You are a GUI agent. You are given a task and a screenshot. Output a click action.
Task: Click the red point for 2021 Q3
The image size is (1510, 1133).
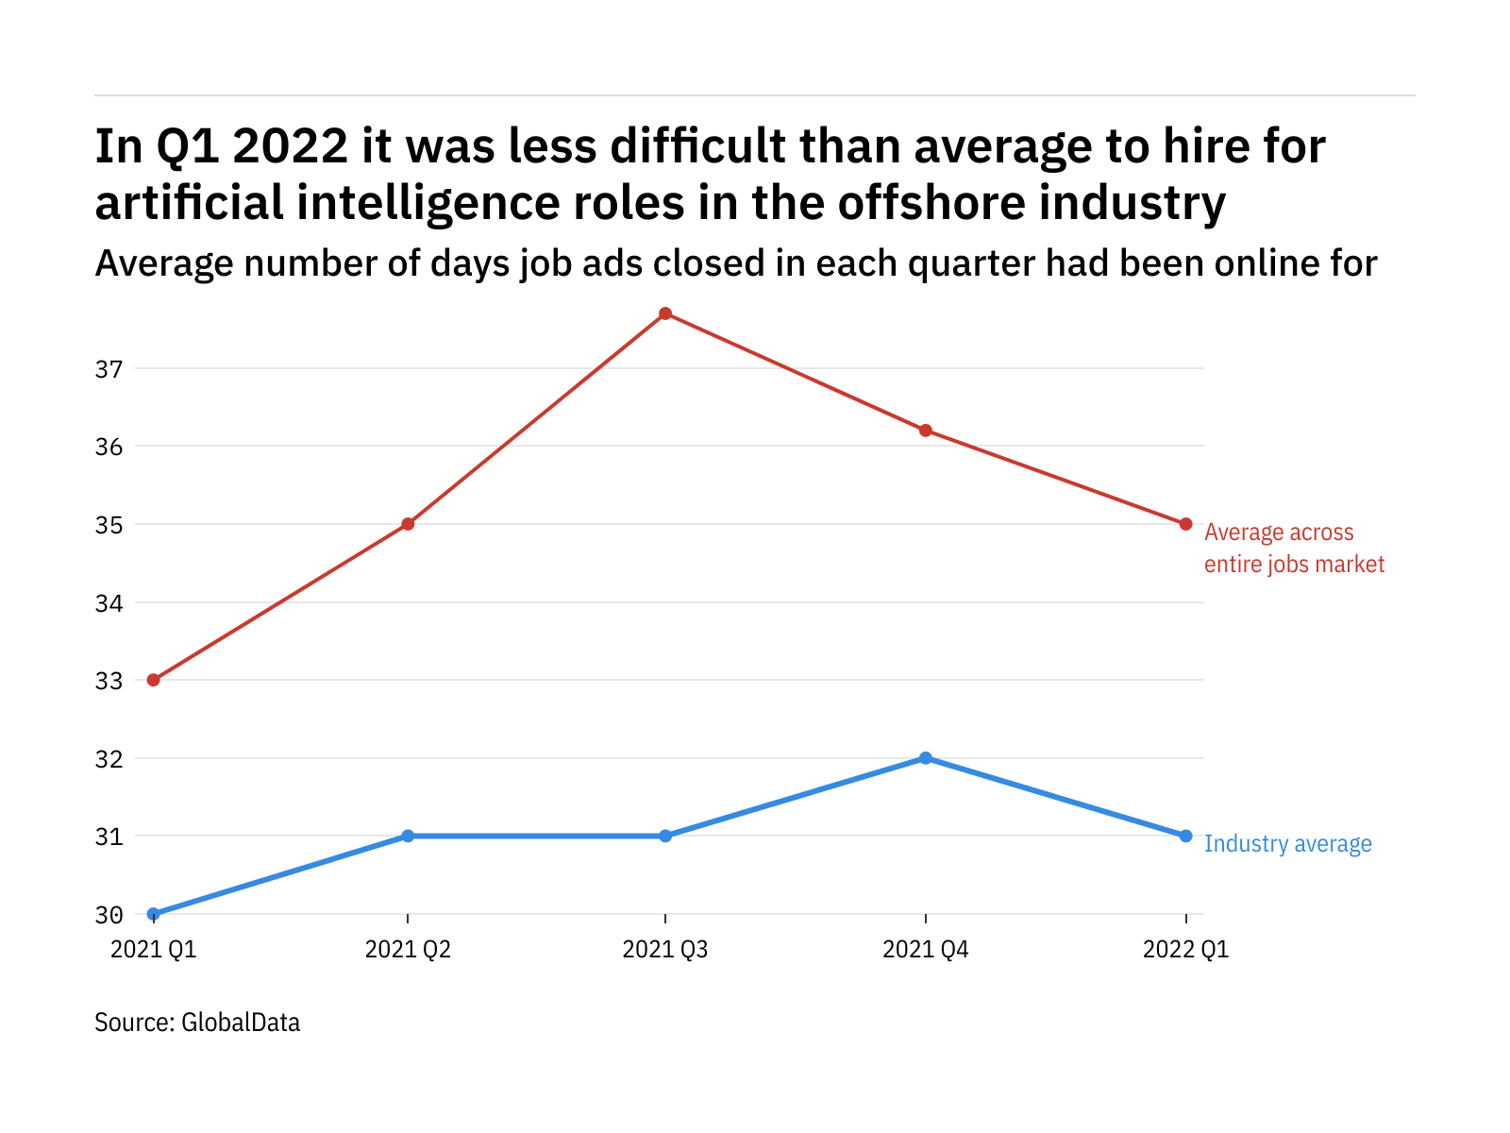coord(665,313)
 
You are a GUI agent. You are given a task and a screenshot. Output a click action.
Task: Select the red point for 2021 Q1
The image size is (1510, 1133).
coord(154,680)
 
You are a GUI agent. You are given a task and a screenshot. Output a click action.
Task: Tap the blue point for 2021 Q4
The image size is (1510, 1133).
coord(926,758)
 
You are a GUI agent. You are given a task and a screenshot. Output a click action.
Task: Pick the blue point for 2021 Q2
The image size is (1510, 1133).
coord(408,836)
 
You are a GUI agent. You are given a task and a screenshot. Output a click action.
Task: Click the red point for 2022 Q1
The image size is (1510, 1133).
coord(1186,524)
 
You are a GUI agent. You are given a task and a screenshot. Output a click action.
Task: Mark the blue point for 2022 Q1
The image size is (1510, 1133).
coord(1186,836)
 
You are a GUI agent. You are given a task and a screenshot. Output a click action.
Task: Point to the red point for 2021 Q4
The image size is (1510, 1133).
coord(926,431)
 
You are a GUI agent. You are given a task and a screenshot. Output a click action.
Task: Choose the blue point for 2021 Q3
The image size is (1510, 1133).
coord(665,836)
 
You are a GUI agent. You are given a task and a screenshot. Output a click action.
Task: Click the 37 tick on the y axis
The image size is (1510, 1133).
coord(109,369)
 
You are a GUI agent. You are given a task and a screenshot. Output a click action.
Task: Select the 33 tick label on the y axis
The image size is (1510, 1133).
coord(109,681)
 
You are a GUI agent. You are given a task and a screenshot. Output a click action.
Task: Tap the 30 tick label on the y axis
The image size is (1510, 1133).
coord(109,915)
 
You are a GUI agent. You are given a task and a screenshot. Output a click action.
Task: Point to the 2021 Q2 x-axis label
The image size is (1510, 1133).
coord(408,950)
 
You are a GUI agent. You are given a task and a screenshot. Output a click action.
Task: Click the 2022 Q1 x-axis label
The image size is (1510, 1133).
coord(1186,950)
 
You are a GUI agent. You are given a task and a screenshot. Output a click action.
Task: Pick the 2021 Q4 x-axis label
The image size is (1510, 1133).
coord(926,950)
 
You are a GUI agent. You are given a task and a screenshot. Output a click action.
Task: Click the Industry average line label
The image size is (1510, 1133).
coord(1288,844)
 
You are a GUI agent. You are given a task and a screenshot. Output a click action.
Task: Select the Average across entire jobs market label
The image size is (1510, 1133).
coord(1294,549)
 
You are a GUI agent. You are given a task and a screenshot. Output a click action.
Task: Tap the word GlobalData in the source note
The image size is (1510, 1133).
coord(241,1023)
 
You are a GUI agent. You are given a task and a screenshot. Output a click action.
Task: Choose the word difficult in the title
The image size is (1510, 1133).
coord(697,146)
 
